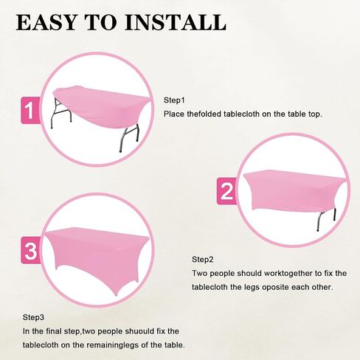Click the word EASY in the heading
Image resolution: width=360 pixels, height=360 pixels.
(46, 22)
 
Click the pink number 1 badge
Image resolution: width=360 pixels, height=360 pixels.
(30, 110)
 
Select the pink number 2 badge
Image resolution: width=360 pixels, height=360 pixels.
(226, 191)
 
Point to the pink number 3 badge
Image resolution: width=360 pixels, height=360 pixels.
(30, 250)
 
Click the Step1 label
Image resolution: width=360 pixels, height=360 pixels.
(174, 100)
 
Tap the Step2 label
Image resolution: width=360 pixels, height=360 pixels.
(203, 260)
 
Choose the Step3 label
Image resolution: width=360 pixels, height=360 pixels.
(33, 317)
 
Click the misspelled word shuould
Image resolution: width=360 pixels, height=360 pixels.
(139, 331)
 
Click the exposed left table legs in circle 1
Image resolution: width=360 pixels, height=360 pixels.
(61, 113)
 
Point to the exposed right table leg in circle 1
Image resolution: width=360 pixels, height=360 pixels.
(129, 138)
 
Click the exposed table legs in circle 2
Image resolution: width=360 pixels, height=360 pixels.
(326, 220)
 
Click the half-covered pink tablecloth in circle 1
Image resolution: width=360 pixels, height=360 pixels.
(102, 106)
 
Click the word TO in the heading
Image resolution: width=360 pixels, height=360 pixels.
(101, 22)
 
